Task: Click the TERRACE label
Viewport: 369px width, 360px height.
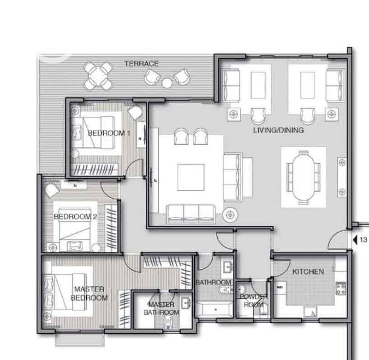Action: coord(142,64)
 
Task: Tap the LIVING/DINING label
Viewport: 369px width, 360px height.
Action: coord(279,130)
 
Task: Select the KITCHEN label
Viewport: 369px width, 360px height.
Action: coord(308,272)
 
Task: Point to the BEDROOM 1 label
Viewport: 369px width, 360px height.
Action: coord(109,133)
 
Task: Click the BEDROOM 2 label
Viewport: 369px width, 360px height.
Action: coord(75,217)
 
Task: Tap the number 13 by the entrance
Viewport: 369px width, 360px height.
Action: coord(363,240)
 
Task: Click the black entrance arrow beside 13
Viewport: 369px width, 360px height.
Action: coord(355,240)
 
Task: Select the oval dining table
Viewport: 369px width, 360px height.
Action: coord(304,177)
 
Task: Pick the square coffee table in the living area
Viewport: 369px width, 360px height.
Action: coord(190,177)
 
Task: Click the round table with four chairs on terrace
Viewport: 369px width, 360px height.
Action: coord(98,76)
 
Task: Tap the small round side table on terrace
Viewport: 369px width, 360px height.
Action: coord(167,83)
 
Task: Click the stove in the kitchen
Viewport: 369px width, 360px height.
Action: coord(340,288)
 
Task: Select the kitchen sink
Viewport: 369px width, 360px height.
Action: coord(310,312)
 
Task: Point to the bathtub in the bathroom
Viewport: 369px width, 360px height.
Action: coord(214,310)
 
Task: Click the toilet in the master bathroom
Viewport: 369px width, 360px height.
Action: coord(168,322)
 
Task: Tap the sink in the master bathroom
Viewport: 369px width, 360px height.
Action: coord(186,303)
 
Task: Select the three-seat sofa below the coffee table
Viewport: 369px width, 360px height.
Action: coord(190,214)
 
